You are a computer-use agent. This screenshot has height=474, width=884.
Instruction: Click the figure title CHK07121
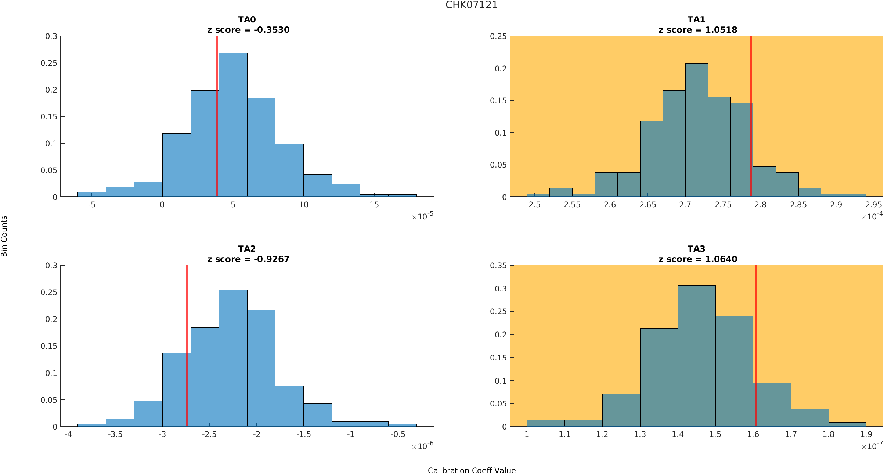(471, 5)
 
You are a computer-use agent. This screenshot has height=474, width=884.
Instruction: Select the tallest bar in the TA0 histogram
(233, 125)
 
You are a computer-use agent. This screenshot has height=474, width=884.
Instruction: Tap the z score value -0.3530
(271, 30)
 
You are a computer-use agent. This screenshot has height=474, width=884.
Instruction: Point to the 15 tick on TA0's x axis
(374, 205)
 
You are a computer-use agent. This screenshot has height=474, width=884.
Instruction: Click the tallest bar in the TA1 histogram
(696, 130)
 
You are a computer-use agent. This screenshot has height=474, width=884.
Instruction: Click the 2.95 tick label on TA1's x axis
(873, 205)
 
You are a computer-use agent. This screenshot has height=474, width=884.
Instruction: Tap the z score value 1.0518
(721, 30)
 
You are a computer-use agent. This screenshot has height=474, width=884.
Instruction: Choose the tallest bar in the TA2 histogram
(233, 358)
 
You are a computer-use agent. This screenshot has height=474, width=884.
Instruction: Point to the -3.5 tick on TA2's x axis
(115, 434)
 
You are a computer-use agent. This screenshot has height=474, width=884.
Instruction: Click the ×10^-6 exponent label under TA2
(422, 446)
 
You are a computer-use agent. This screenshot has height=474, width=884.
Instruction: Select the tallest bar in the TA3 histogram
(696, 356)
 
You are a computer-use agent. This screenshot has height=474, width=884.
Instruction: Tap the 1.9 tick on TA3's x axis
(866, 434)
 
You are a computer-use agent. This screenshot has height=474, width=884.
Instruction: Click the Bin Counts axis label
(4, 236)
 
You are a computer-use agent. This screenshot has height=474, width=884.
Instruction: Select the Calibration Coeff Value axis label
(472, 470)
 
